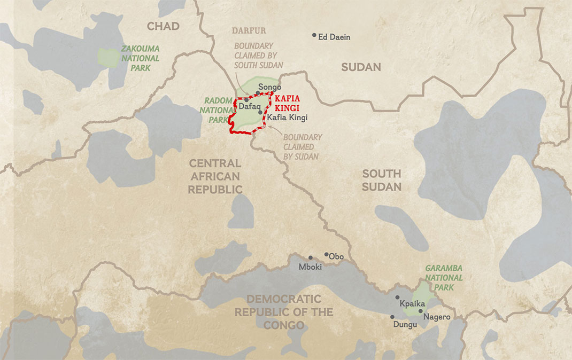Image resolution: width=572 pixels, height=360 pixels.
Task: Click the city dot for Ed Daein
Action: pyautogui.click(x=314, y=35)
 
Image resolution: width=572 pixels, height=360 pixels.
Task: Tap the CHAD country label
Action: pyautogui.click(x=163, y=27)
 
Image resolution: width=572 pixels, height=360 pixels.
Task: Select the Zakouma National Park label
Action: pyautogui.click(x=140, y=58)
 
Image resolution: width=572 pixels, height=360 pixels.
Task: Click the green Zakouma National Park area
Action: pyautogui.click(x=109, y=58)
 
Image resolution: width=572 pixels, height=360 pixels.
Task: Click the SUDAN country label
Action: pyautogui.click(x=361, y=67)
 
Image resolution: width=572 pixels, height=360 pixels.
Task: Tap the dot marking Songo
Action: pyautogui.click(x=258, y=93)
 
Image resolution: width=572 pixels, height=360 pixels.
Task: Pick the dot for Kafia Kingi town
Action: pyautogui.click(x=260, y=112)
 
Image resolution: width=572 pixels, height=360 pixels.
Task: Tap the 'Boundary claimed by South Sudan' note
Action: pyautogui.click(x=253, y=56)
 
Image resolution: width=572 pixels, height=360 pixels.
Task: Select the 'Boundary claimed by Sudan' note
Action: pyautogui.click(x=302, y=147)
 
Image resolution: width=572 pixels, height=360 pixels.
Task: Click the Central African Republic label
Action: pyautogui.click(x=215, y=176)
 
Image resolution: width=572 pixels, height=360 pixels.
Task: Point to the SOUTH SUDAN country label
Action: pyautogui.click(x=381, y=180)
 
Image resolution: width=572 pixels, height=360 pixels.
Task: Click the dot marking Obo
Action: pyautogui.click(x=326, y=254)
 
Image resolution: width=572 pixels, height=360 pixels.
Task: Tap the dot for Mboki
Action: pyautogui.click(x=310, y=257)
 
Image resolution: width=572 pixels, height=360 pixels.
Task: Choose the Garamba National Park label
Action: pyautogui.click(x=443, y=278)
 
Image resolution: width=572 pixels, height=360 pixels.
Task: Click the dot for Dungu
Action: pyautogui.click(x=392, y=317)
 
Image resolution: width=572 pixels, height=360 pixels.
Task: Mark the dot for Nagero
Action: pyautogui.click(x=421, y=311)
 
